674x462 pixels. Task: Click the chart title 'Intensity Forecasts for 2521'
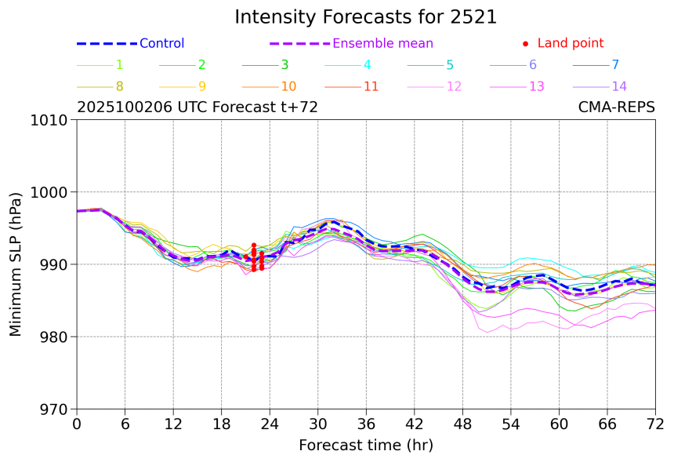tap(365, 17)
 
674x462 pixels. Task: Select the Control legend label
tap(161, 44)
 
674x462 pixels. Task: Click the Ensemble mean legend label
tap(382, 44)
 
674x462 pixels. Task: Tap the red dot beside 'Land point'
tap(525, 44)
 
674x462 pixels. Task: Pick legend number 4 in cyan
tap(367, 65)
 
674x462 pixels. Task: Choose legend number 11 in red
tap(371, 86)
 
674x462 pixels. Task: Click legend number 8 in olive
tap(119, 86)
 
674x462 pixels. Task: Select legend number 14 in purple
tap(619, 86)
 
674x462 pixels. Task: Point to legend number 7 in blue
tap(615, 65)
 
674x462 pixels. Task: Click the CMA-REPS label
tap(616, 107)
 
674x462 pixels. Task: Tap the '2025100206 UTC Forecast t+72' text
tap(197, 107)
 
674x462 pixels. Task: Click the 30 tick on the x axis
tap(317, 424)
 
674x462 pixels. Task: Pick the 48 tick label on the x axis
tap(462, 424)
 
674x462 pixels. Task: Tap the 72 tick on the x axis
tap(655, 424)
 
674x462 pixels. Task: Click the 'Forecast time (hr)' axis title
tap(365, 446)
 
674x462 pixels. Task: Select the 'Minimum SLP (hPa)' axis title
tap(16, 264)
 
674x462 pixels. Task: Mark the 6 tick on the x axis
tap(125, 424)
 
